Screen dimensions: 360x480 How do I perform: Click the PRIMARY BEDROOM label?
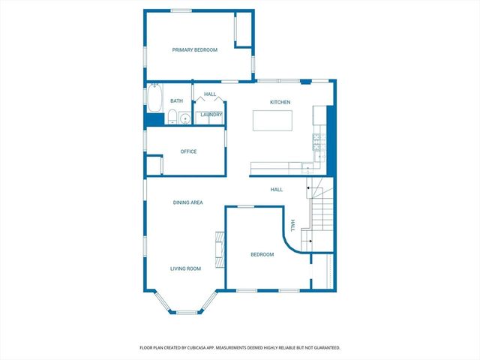(x=194, y=49)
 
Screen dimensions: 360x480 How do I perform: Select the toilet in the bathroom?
(x=172, y=117)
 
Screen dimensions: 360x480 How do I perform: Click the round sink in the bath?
(x=184, y=118)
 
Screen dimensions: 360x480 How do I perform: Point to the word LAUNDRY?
(x=211, y=115)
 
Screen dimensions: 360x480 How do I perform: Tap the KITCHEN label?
(x=280, y=102)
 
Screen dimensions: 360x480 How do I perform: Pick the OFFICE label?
(x=188, y=151)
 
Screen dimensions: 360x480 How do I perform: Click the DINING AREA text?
(x=187, y=202)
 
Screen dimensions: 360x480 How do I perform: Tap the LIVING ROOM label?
(x=185, y=268)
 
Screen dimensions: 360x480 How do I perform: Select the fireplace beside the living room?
(x=220, y=250)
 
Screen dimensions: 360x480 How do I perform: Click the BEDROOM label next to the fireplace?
(x=262, y=255)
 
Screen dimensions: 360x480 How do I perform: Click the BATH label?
(x=176, y=100)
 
